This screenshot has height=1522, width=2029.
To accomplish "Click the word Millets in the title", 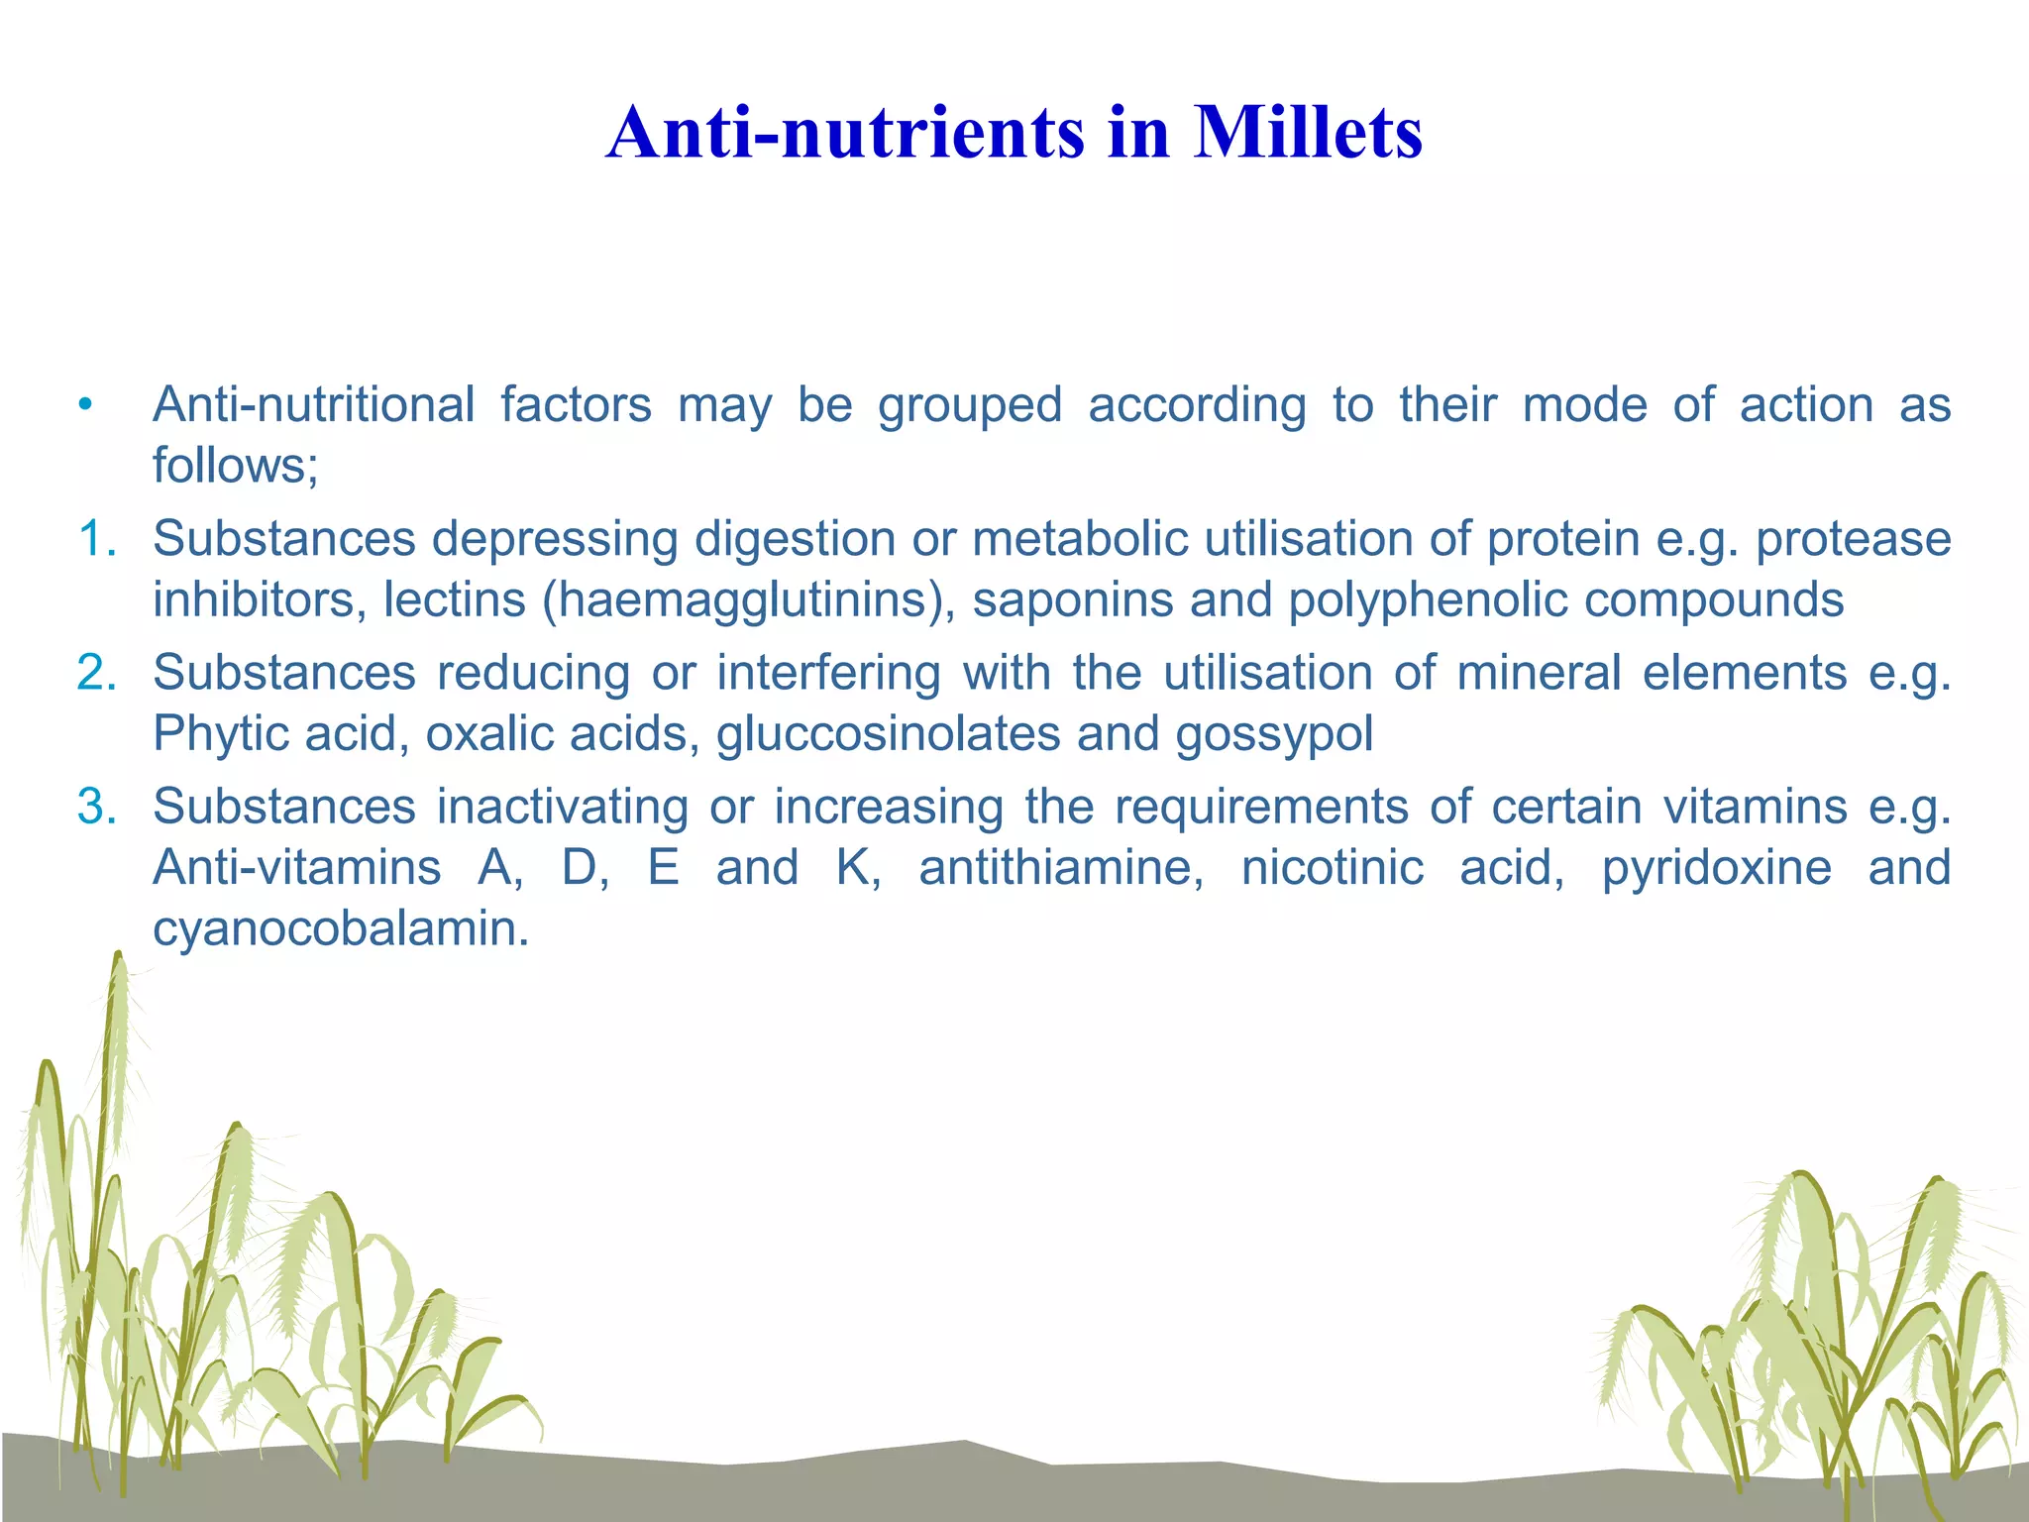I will pos(1308,133).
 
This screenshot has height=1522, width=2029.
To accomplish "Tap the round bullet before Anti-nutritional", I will pos(86,405).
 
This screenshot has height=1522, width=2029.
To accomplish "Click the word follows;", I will pos(236,466).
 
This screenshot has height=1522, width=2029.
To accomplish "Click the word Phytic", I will pos(220,734).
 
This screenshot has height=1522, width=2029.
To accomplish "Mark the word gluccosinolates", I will pos(888,734).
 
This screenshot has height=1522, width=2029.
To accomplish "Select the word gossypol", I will pos(1274,734).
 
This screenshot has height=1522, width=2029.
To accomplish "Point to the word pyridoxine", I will pos(1717,868).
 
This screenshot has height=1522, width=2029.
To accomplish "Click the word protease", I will pos(1853,540).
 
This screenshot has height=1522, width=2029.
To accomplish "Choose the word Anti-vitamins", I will pos(296,868).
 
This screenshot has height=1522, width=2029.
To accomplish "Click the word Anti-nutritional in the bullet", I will pos(313,405).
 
